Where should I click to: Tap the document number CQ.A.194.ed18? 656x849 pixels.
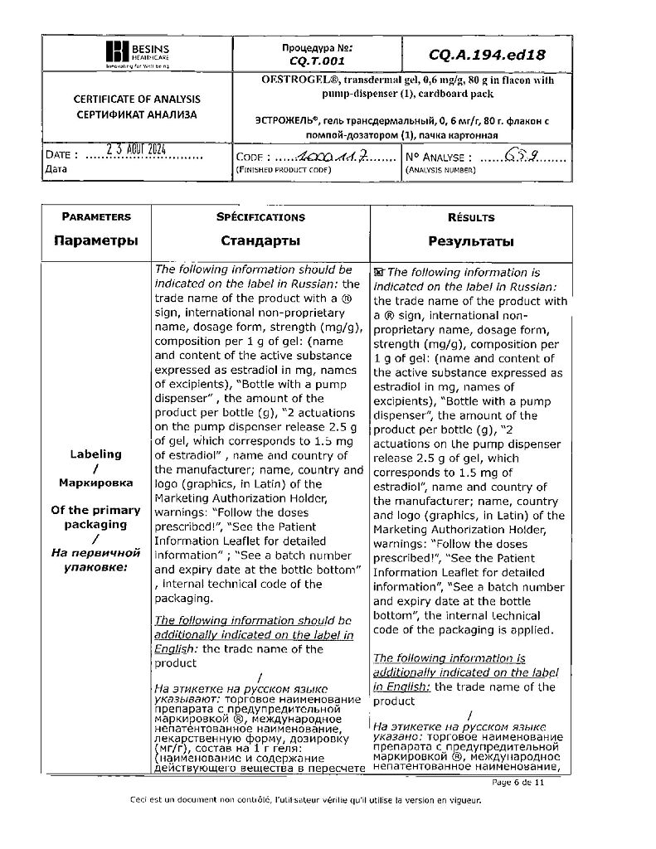click(x=488, y=55)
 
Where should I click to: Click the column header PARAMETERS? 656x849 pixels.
click(x=96, y=217)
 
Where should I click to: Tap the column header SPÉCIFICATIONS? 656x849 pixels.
click(x=260, y=217)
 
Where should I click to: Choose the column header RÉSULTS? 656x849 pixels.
click(x=470, y=218)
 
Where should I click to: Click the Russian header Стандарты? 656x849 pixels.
click(x=260, y=241)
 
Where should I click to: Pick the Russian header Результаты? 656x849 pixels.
click(x=470, y=242)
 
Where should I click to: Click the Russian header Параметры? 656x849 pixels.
click(x=96, y=241)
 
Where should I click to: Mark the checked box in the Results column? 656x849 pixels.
click(x=379, y=272)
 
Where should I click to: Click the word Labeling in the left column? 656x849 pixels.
click(x=96, y=454)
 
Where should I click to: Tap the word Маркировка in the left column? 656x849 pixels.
click(x=96, y=482)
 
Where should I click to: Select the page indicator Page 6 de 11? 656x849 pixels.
click(x=518, y=782)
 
